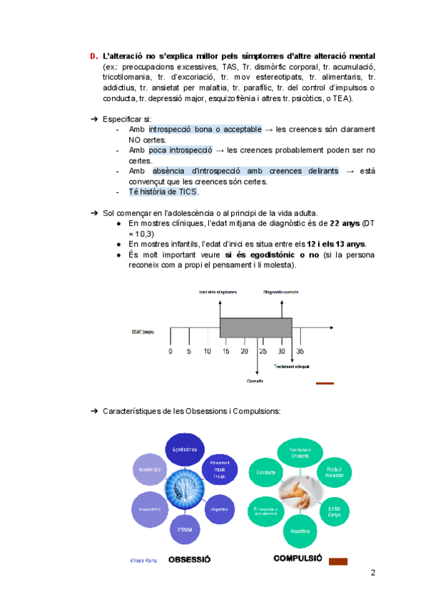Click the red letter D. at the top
point(93,56)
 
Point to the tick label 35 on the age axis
point(300,351)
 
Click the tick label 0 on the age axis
point(170,351)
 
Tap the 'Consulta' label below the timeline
point(255,381)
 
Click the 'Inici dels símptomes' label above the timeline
point(218,292)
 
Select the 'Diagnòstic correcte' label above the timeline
point(281,292)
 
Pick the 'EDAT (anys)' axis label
point(143,332)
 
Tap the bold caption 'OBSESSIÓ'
point(189,560)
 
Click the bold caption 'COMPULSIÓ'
point(298,558)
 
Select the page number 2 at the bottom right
point(372,573)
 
